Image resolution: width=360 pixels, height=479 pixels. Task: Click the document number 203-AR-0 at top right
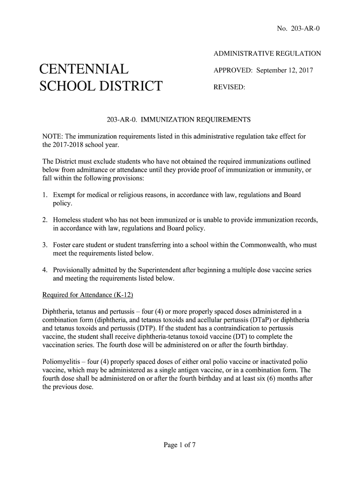[x=305, y=29]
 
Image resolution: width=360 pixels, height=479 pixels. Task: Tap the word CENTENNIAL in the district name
[x=84, y=70]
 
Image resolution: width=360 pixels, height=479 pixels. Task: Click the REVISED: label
[x=230, y=87]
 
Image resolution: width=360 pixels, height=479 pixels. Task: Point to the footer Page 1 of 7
[x=180, y=445]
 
